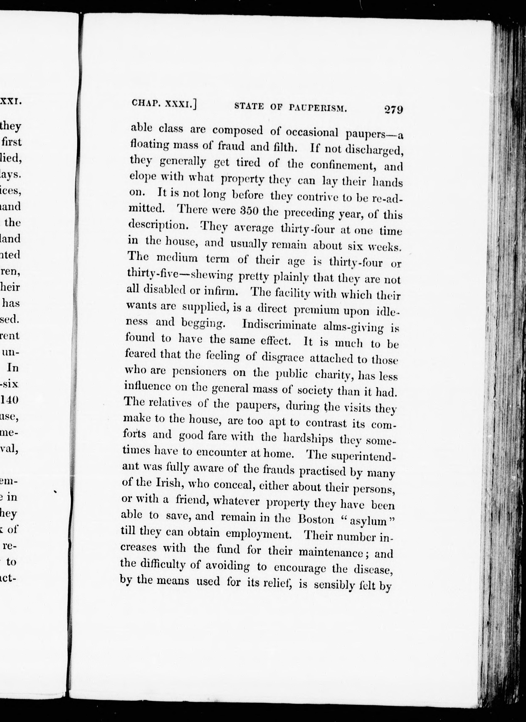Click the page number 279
tap(393, 110)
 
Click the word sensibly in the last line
tap(334, 585)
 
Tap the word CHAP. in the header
tap(145, 102)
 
